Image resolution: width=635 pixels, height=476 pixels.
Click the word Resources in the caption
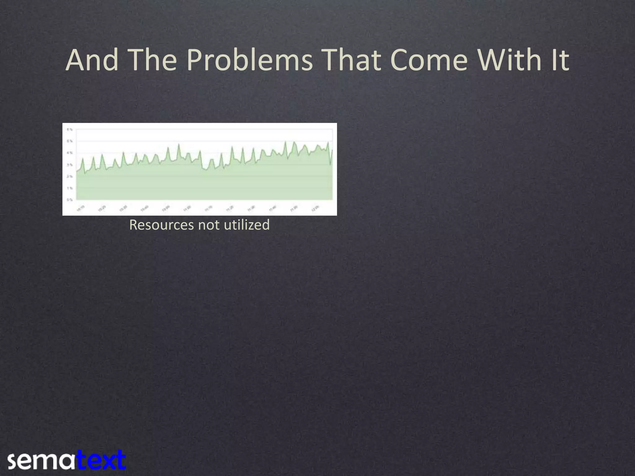pos(162,225)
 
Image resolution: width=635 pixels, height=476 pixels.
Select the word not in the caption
pos(209,225)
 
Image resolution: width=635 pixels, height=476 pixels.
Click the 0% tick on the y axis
pos(70,200)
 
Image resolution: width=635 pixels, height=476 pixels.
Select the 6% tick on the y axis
pos(70,129)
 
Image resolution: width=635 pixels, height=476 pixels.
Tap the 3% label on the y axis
pos(70,165)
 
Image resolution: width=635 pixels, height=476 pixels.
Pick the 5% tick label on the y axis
pos(70,141)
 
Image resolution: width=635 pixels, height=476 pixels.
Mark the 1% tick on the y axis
pos(70,188)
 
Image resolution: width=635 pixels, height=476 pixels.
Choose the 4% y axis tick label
pos(70,153)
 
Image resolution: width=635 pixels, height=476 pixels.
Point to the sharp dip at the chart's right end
pos(330,165)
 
